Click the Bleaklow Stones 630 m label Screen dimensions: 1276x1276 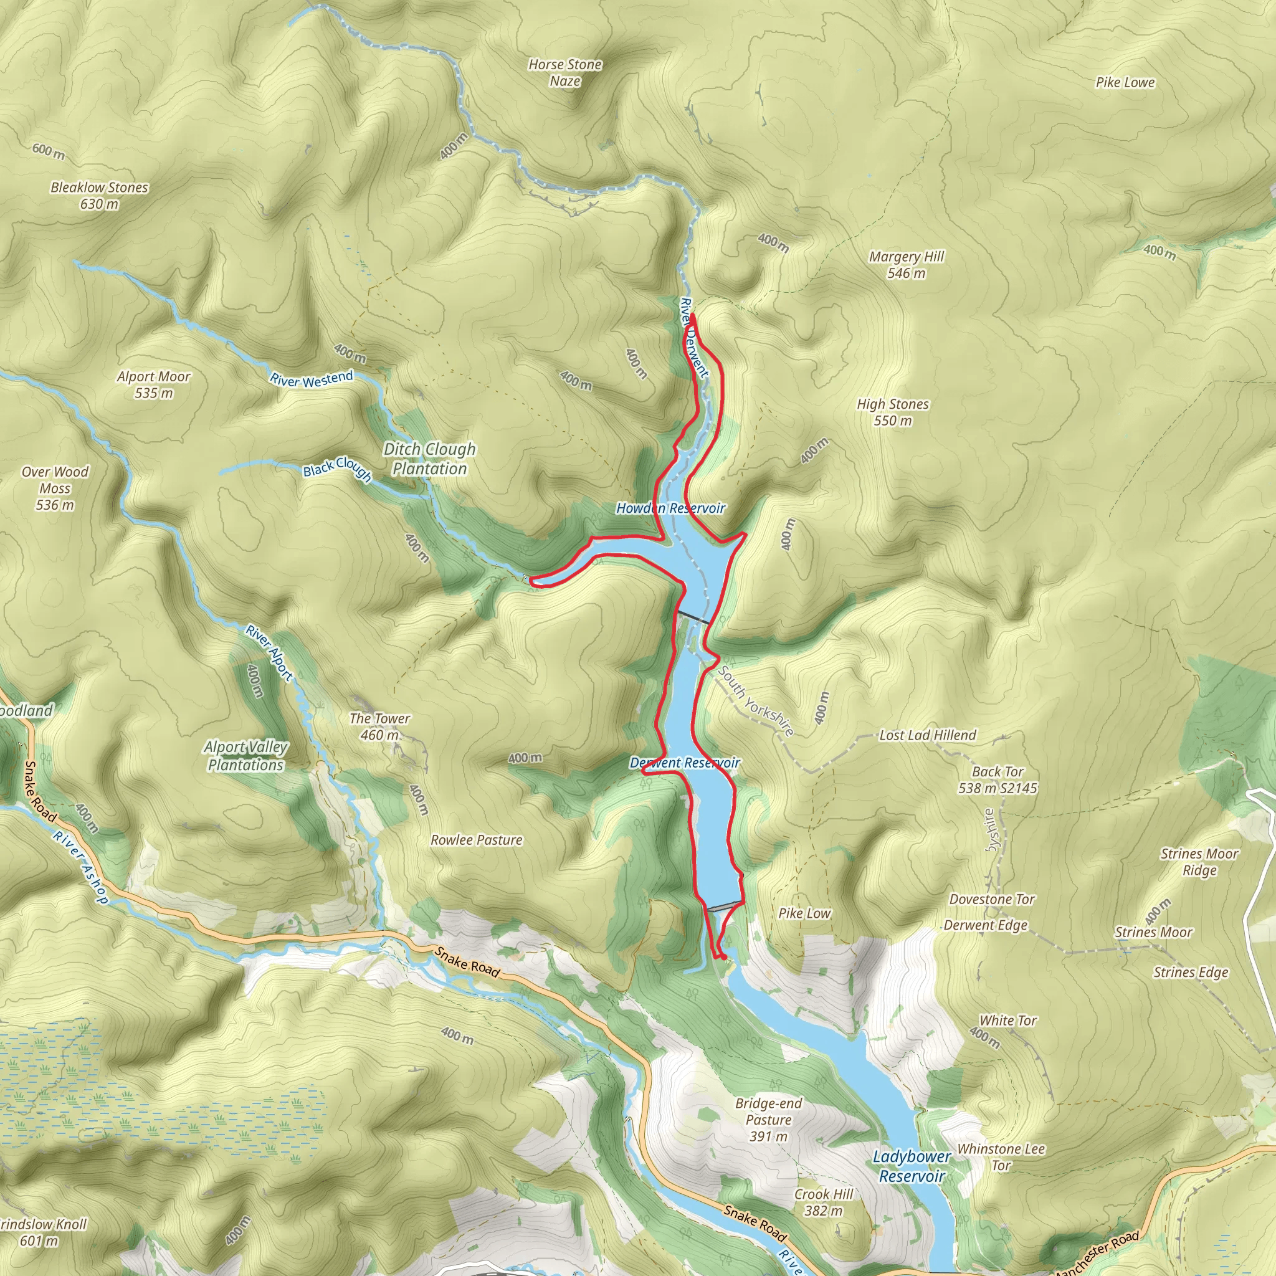99,196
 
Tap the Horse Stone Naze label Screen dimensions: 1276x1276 564,73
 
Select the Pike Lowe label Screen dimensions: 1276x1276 1125,83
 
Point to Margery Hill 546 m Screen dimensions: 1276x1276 906,264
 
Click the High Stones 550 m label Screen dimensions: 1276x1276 892,411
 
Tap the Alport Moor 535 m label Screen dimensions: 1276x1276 153,384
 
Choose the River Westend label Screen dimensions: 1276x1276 311,379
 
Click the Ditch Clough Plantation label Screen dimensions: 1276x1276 429,459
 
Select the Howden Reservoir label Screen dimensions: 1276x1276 670,508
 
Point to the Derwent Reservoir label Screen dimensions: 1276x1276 685,763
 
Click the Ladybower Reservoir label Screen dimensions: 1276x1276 912,1166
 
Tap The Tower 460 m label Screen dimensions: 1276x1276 380,726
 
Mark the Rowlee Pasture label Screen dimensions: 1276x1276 476,840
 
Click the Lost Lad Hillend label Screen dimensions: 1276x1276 927,735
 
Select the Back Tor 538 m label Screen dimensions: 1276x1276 997,779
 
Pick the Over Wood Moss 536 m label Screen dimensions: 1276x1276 55,488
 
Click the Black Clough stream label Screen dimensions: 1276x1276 337,469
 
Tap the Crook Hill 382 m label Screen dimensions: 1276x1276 824,1202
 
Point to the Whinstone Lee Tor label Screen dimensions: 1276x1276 1001,1157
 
